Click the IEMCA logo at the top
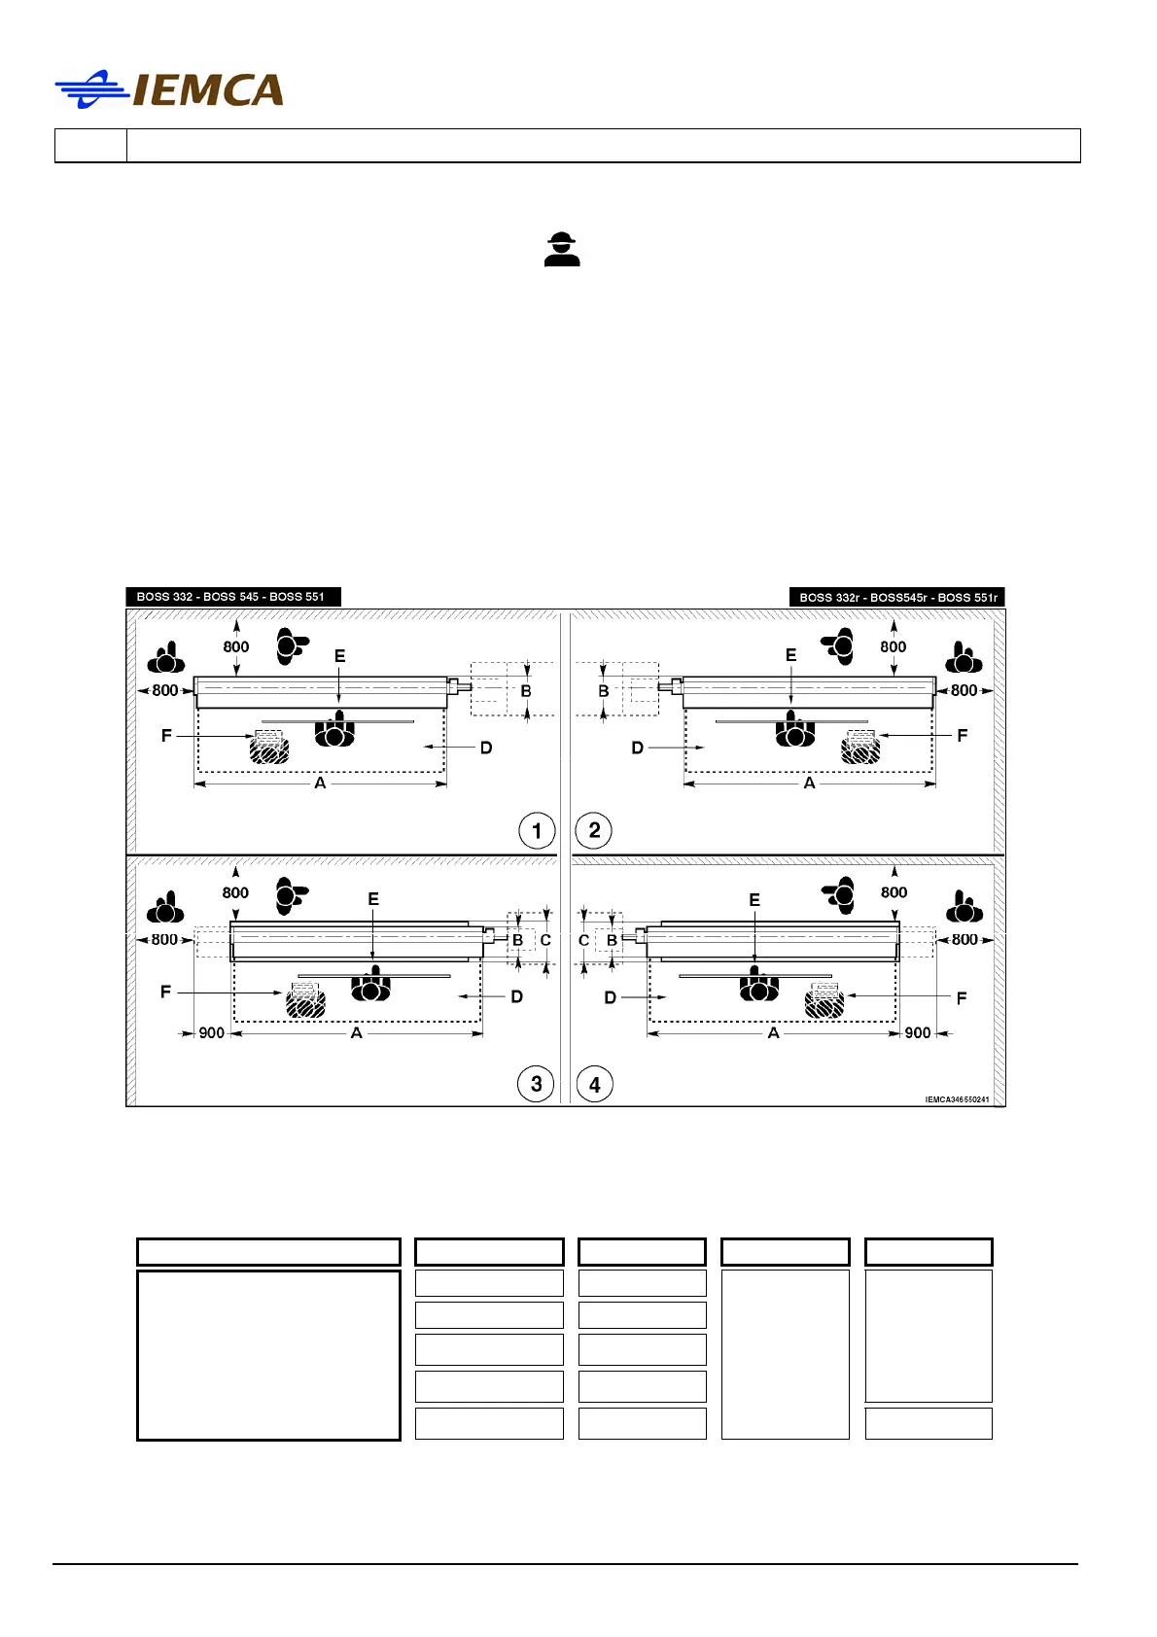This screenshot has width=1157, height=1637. pos(169,90)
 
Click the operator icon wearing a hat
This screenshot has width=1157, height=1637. pos(562,250)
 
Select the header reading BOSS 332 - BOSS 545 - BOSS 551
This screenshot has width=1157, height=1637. pos(232,597)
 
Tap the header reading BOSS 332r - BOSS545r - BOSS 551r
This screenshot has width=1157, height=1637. pos(897,598)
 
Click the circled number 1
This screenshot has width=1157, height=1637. pos(537,831)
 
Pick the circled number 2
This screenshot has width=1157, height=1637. pos(594,831)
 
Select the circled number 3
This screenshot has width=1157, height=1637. pos(537,1084)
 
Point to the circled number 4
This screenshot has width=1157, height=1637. pos(594,1084)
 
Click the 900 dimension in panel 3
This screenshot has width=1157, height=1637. pos(211,1033)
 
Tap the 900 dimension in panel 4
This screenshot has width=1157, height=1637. pos(917,1033)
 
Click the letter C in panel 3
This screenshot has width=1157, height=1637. pos(545,941)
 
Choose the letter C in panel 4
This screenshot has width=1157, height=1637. pos(583,941)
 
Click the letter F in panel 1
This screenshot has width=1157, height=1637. pos(166,736)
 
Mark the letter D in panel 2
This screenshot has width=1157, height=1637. pos(638,748)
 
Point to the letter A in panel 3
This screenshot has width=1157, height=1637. pos(357,1033)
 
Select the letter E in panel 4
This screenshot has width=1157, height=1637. pos(754,900)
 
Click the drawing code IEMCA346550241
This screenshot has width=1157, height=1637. pos(957,1099)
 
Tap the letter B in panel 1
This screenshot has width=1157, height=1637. pos(526,691)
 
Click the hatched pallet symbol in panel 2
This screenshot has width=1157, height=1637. pos(860,747)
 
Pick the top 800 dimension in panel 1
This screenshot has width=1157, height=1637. pos(236,646)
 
